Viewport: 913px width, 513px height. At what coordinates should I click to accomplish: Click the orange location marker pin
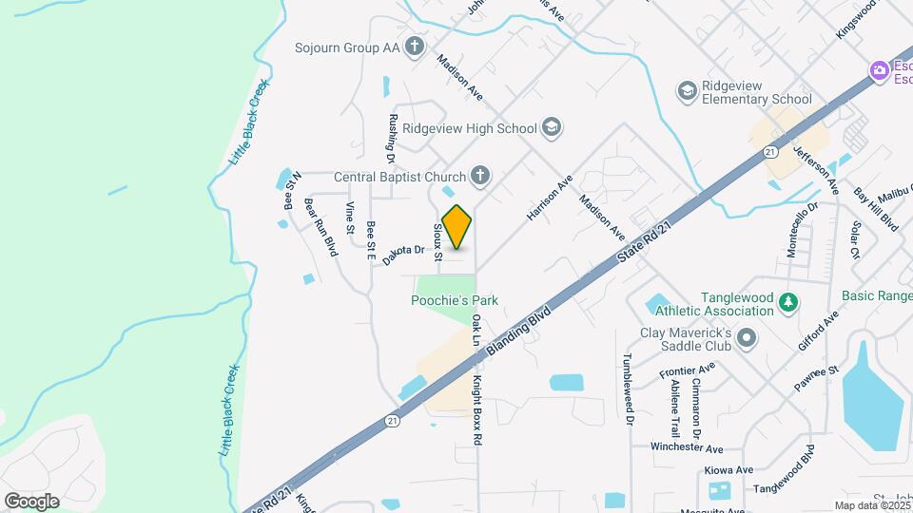pos(456,227)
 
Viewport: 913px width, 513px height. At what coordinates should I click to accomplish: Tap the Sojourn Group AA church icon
pos(414,46)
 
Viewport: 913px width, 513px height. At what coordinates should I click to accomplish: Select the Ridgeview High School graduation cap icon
pos(551,128)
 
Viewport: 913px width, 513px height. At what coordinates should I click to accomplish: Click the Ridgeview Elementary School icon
pos(687,90)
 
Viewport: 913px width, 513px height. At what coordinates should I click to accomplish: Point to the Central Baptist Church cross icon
pos(480,176)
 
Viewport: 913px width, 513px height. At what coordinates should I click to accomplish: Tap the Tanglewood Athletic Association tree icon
pos(787,303)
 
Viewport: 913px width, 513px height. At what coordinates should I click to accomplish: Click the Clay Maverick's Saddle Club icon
pos(748,338)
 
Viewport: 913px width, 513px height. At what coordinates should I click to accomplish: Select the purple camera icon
pos(879,70)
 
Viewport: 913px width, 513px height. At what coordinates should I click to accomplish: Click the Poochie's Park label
pos(455,301)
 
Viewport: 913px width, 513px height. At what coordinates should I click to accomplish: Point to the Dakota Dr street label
pos(402,255)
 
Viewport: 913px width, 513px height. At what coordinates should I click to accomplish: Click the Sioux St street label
pos(437,243)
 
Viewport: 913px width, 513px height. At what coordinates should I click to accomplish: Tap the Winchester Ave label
pos(688,447)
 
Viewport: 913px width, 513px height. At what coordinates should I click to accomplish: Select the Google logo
pos(31,501)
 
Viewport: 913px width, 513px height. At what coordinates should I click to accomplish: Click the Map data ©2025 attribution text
pos(871,505)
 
